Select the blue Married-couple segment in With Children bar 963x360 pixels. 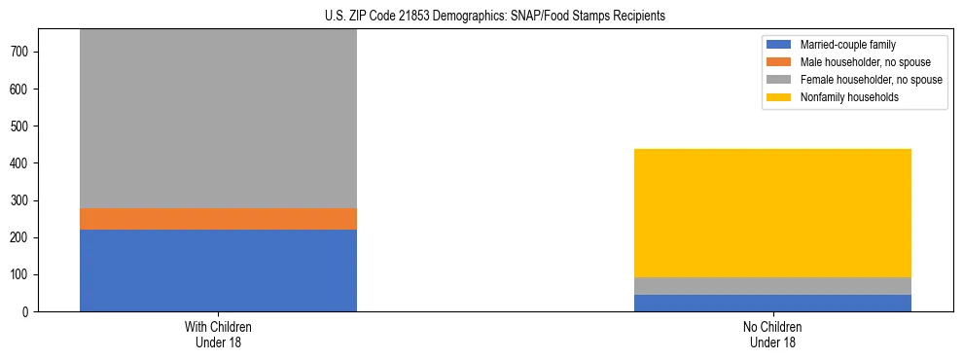[218, 270]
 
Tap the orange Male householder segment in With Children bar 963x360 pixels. [218, 219]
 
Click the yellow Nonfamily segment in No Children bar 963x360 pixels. [772, 213]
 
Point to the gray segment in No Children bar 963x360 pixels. [772, 286]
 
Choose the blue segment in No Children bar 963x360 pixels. [772, 303]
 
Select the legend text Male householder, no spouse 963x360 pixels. [864, 62]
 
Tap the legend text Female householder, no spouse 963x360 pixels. [871, 80]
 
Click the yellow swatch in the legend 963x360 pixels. [779, 97]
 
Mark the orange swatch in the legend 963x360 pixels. [779, 62]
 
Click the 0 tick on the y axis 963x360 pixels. [28, 311]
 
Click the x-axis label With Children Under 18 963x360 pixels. [218, 335]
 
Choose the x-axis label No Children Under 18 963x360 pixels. [772, 335]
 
